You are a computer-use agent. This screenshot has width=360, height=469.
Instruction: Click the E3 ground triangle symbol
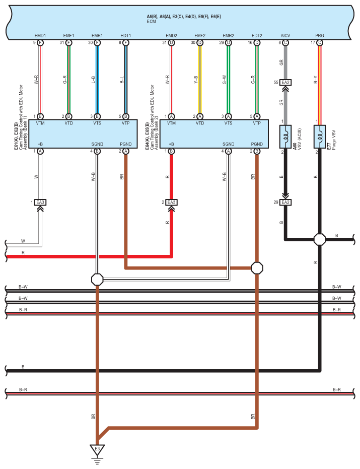[x=97, y=449]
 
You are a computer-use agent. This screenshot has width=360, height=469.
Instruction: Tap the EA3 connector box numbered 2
[x=172, y=202]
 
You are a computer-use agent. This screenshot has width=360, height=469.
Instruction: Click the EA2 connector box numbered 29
[x=285, y=202]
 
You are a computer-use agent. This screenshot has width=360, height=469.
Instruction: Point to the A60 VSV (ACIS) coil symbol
[x=285, y=136]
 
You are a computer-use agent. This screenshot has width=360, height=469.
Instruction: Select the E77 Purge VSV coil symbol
[x=320, y=136]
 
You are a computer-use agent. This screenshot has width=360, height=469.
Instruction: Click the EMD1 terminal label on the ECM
[x=40, y=36]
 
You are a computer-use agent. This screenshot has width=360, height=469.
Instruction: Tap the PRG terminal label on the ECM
[x=320, y=36]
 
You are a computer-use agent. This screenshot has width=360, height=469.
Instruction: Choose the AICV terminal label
[x=285, y=36]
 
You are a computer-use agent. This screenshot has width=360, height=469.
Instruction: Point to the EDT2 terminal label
[x=257, y=36]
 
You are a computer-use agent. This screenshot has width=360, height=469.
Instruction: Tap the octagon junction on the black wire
[x=320, y=239]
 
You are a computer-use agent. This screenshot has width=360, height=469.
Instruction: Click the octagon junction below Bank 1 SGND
[x=97, y=279]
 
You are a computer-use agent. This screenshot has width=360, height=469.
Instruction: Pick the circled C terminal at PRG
[x=320, y=43]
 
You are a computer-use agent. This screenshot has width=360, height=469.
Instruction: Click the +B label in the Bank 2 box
[x=171, y=144]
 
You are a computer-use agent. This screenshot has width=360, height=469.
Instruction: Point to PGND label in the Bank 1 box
[x=126, y=144]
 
